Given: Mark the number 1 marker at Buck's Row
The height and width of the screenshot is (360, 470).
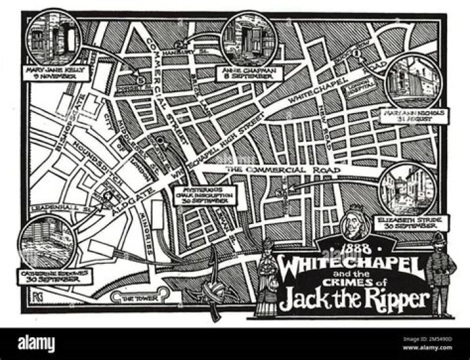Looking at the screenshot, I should tap(357, 53).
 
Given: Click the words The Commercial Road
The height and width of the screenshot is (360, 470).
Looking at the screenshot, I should tap(283, 171).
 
